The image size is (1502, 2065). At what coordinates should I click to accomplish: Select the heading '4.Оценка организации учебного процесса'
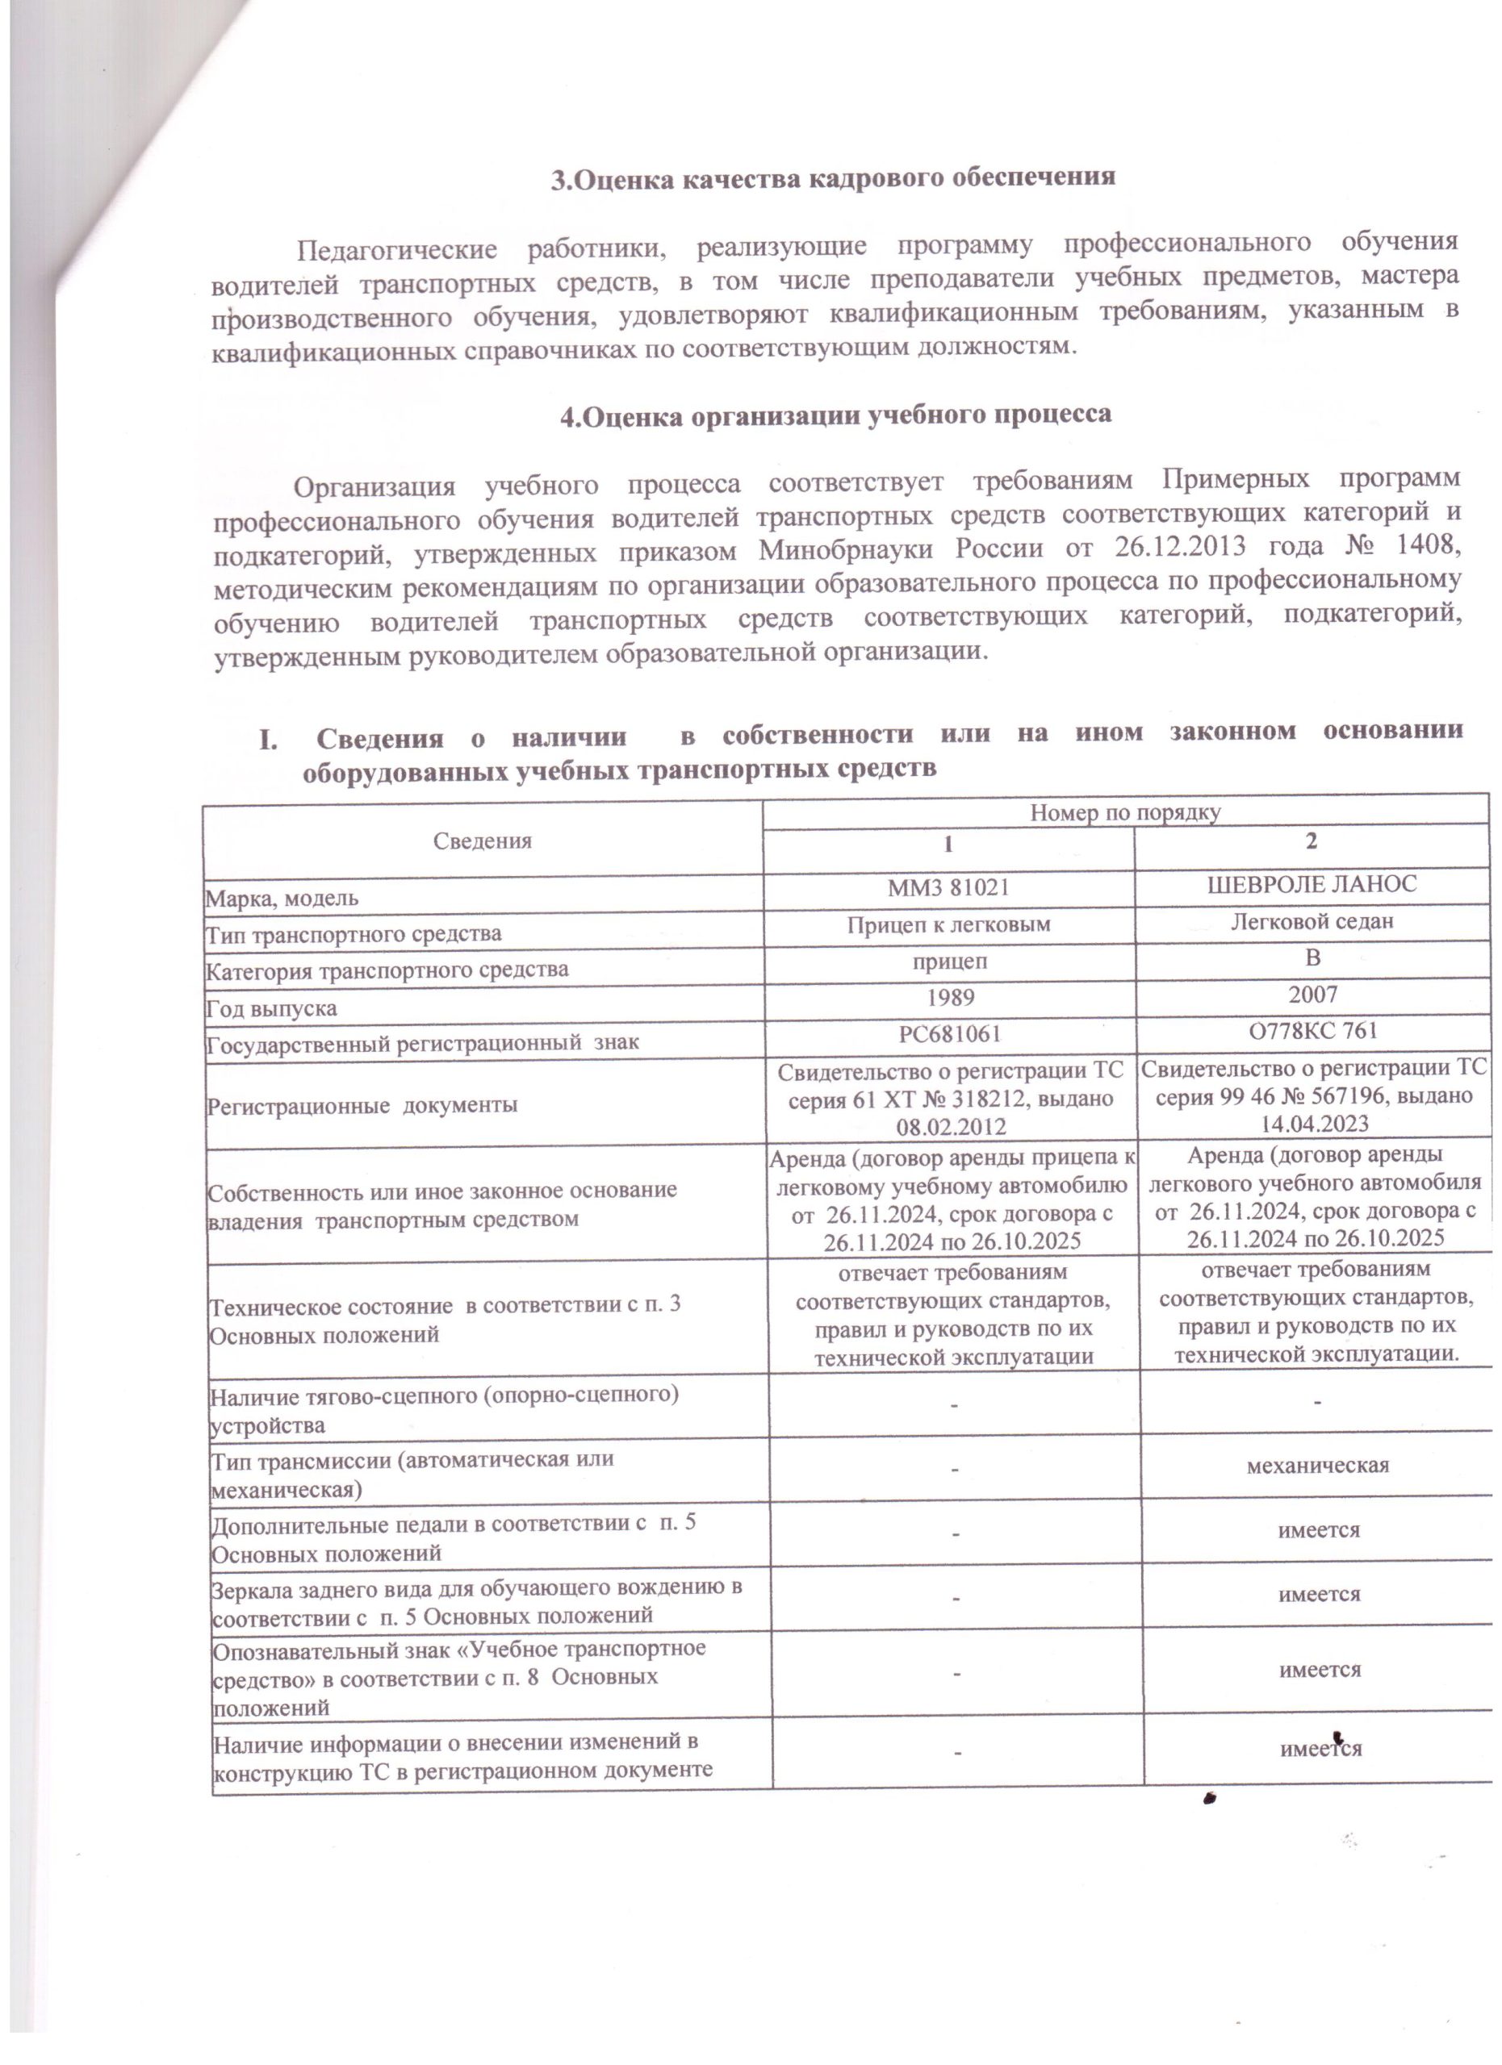tap(835, 415)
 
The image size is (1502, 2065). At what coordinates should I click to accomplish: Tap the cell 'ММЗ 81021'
tap(948, 886)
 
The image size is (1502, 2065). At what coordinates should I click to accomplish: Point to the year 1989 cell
tap(950, 997)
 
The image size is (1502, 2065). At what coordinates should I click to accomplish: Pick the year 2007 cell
tap(1312, 995)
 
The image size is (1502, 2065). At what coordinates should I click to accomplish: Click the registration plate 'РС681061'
tap(950, 1033)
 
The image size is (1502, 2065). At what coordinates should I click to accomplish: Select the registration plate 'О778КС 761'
tap(1312, 1030)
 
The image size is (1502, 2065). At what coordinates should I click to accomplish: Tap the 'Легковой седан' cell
tap(1312, 920)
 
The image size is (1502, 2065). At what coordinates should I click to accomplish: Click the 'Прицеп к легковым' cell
tap(949, 924)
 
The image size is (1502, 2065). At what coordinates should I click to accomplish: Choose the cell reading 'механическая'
tap(1317, 1465)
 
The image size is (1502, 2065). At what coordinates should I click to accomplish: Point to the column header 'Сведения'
tap(482, 841)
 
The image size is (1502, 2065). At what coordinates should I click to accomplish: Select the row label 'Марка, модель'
tap(282, 899)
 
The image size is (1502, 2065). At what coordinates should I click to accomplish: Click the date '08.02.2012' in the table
tap(951, 1127)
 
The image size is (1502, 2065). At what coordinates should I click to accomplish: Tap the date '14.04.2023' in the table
tap(1315, 1124)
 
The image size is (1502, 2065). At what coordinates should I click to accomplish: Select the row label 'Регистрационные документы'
tap(363, 1105)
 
